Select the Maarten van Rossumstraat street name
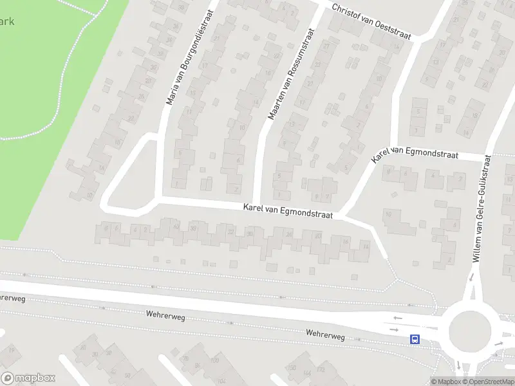click(x=290, y=73)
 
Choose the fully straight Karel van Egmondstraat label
click(x=288, y=212)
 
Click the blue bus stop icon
click(x=415, y=339)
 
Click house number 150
click(x=291, y=367)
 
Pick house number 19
click(x=12, y=351)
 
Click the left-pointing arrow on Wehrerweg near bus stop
click(x=397, y=318)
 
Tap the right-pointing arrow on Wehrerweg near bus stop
click(x=394, y=329)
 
